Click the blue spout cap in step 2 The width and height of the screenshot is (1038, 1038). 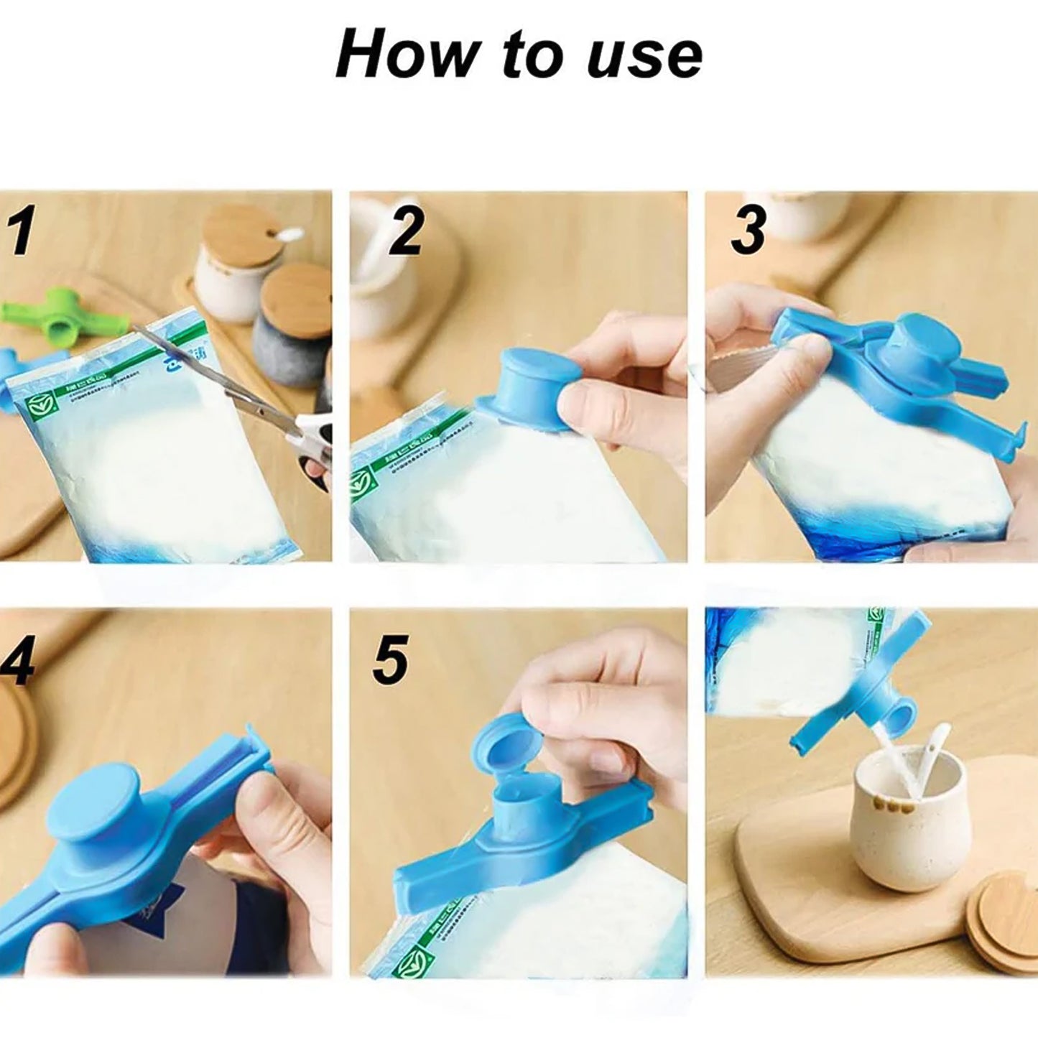[x=532, y=380]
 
